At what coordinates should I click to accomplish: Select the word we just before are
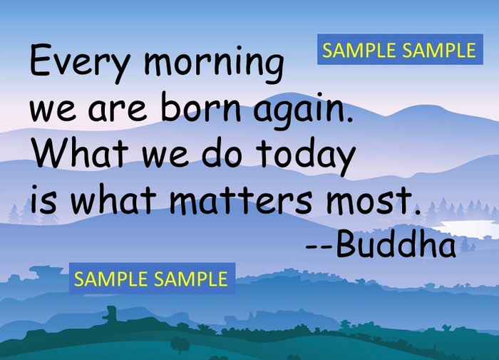pos(55,112)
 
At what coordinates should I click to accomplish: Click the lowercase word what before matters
pos(113,199)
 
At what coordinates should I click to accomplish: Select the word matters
pos(242,200)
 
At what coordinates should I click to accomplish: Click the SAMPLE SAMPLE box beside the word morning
pos(399,50)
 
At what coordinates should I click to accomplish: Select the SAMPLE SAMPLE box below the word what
pos(151,279)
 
